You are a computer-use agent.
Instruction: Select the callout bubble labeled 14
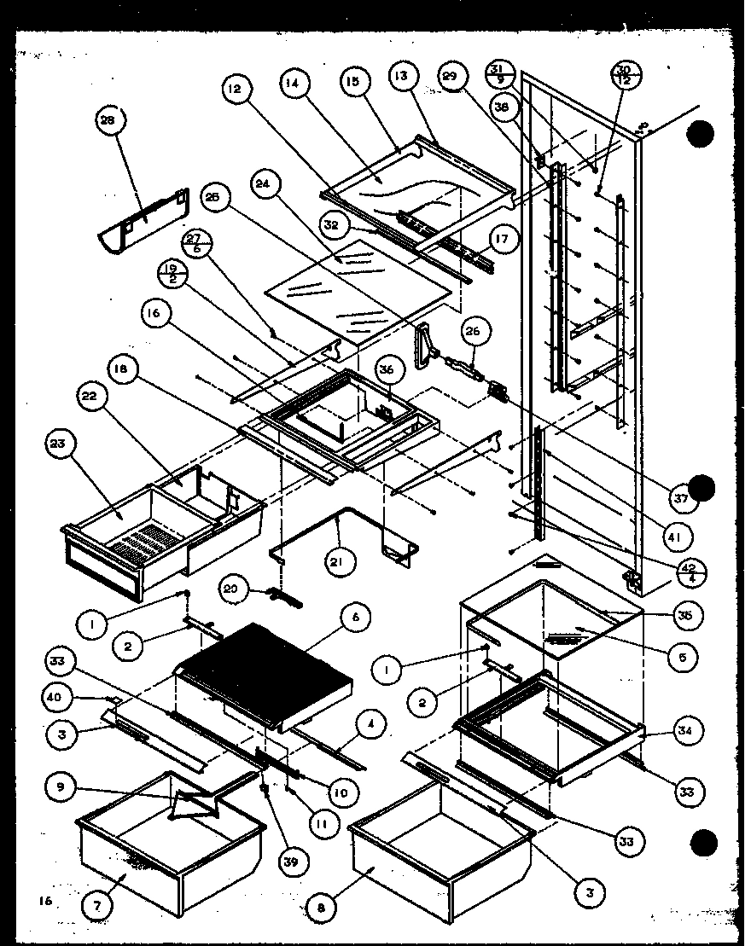coord(293,83)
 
